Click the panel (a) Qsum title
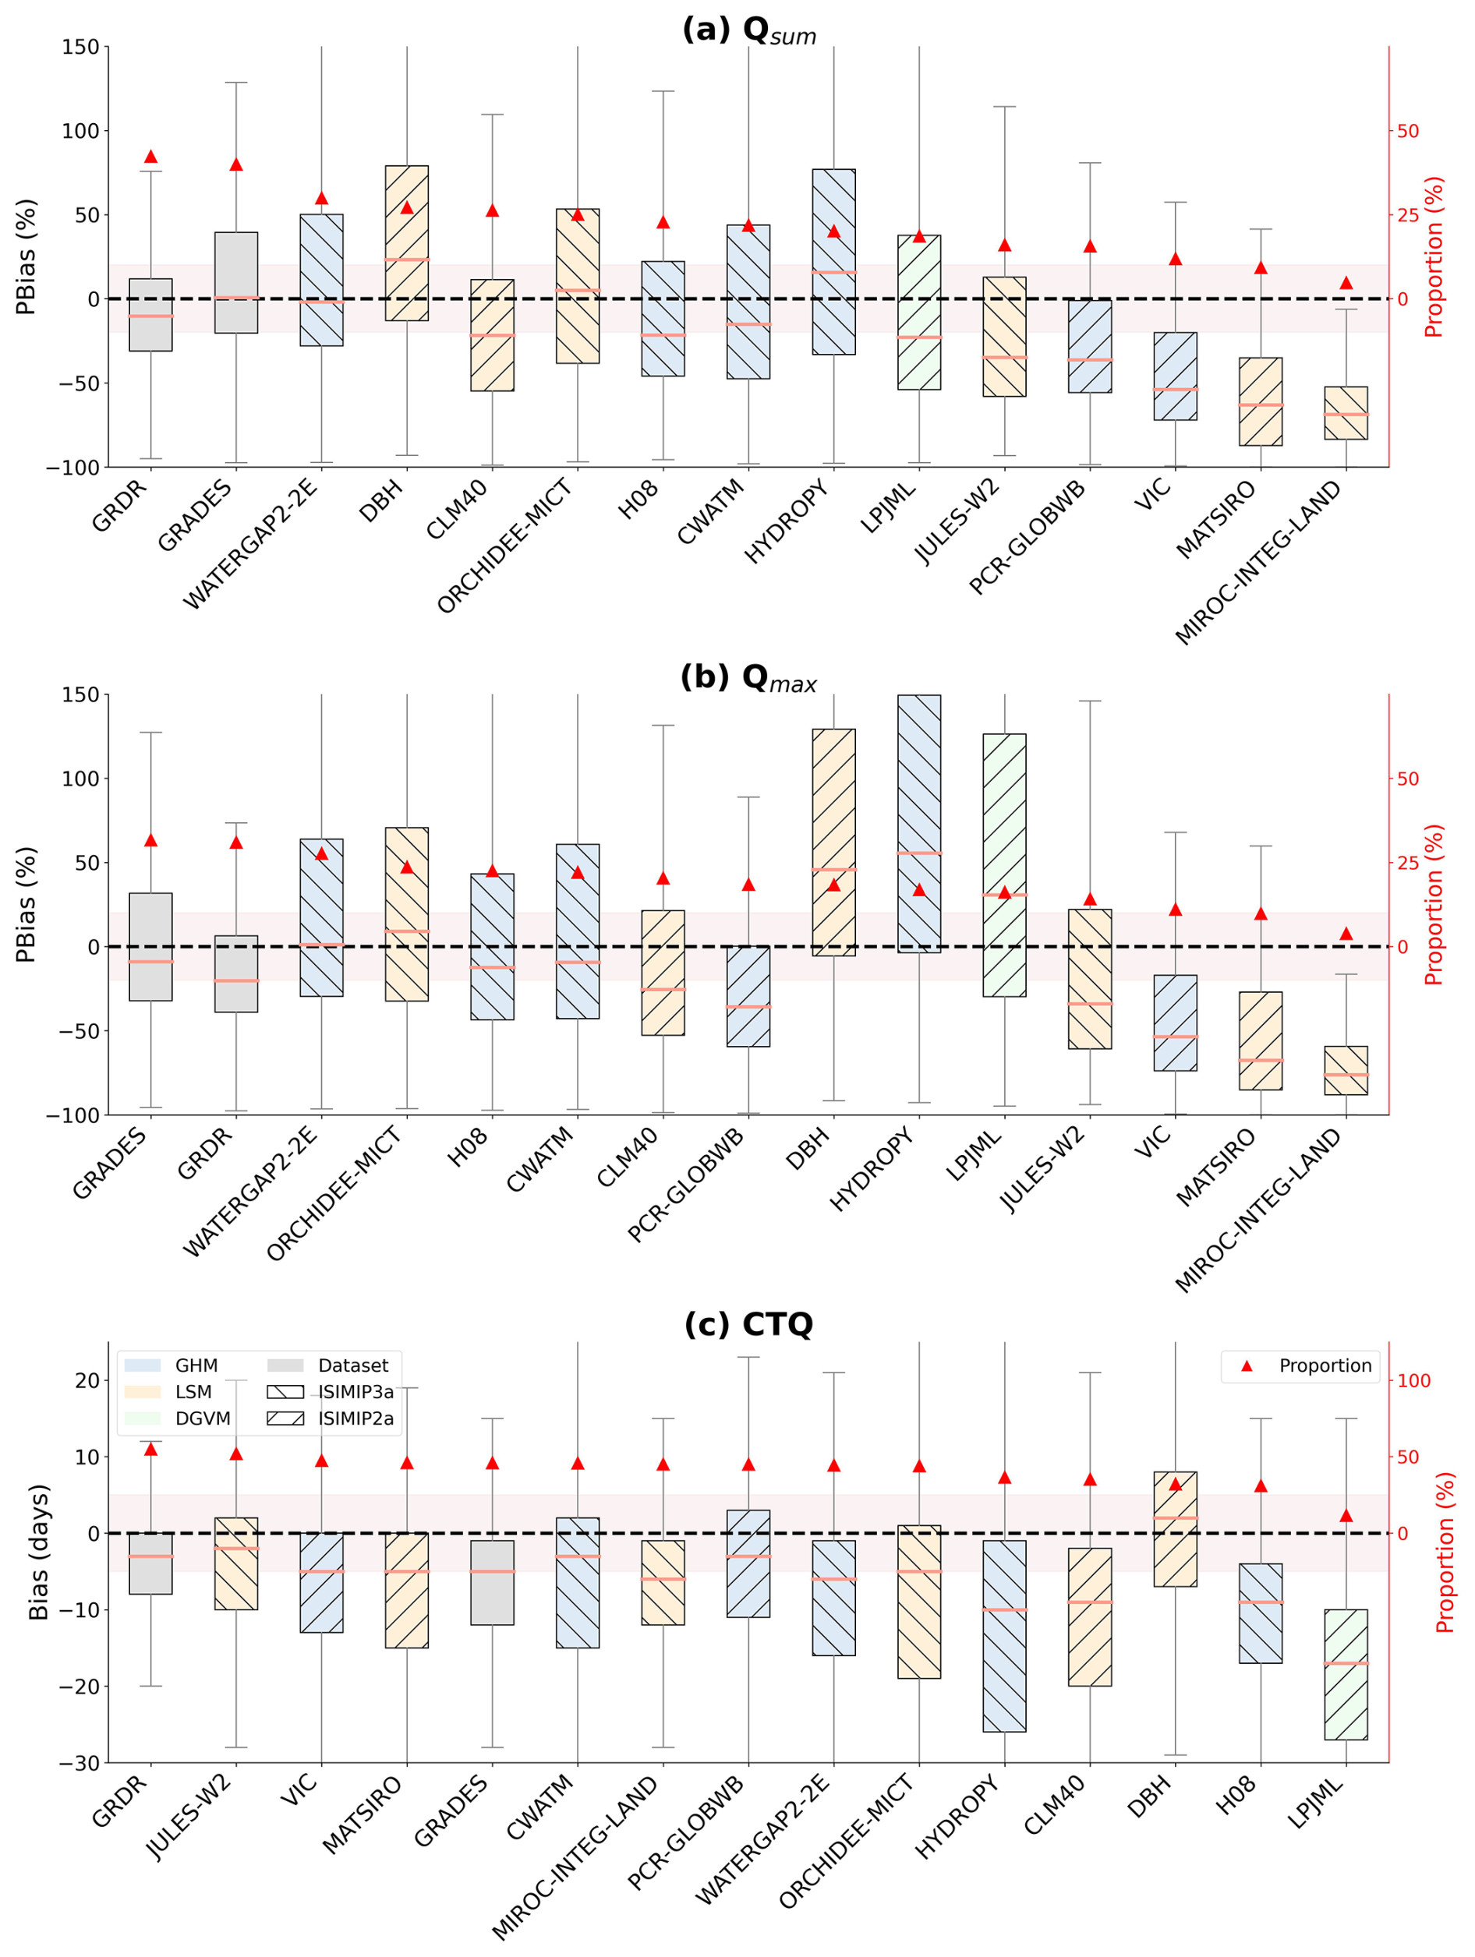748,30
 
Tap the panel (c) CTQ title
748,1324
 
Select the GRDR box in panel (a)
150,315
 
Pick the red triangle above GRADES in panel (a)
236,164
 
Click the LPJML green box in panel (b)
1004,865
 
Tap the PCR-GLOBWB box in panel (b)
748,996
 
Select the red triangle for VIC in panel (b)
1175,910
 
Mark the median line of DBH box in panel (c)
1175,1518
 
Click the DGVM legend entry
178,1419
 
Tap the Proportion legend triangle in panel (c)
1247,1367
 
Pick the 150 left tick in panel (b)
80,694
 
